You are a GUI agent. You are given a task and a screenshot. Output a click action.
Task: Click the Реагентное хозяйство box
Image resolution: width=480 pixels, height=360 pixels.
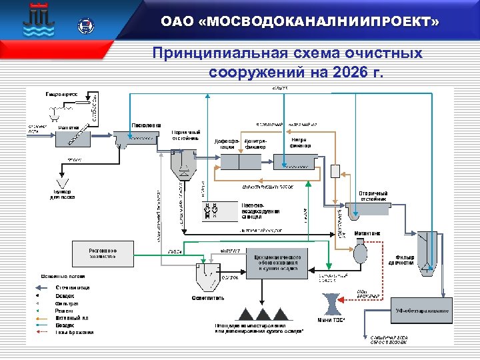click(x=104, y=253)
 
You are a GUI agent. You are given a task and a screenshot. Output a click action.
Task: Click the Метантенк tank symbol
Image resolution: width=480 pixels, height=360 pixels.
click(x=361, y=253)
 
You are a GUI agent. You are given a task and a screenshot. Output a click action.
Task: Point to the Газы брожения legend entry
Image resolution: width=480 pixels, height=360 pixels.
click(x=74, y=332)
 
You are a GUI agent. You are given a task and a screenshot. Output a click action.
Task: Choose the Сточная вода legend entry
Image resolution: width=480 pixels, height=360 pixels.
click(x=73, y=287)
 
